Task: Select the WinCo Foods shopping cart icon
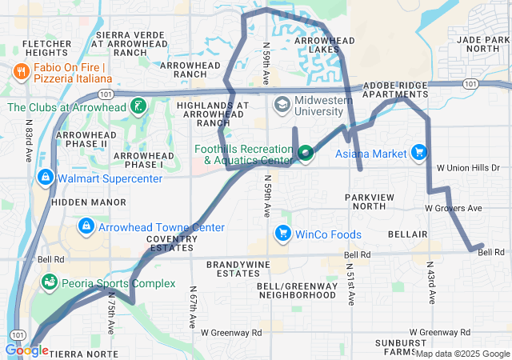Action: pos(282,234)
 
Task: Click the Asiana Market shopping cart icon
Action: pos(418,152)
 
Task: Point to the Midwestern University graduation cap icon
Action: pos(282,105)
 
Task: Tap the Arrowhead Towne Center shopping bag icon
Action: pos(85,227)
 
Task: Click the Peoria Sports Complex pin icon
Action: pos(50,283)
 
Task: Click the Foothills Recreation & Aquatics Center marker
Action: pos(306,153)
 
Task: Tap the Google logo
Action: pos(26,350)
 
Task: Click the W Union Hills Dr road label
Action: pos(469,168)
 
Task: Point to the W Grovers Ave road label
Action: pos(454,208)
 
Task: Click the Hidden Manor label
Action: pos(79,203)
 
